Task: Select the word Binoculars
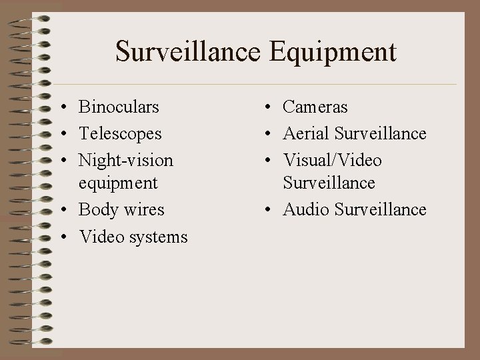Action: click(x=119, y=107)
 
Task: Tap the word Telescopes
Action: click(x=120, y=133)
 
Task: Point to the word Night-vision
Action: click(x=126, y=161)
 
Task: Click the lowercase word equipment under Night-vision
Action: click(x=118, y=183)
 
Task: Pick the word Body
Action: click(x=97, y=209)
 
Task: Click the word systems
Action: click(x=158, y=237)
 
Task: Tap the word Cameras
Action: click(x=315, y=107)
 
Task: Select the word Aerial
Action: click(x=306, y=133)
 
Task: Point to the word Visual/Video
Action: click(x=333, y=161)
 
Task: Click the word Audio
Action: click(x=306, y=209)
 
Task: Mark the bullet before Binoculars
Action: click(x=61, y=107)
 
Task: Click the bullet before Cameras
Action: click(x=265, y=107)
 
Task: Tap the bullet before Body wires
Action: click(x=61, y=210)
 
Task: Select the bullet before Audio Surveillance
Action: click(x=265, y=210)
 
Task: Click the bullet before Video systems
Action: click(x=61, y=237)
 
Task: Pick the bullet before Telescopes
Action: click(x=61, y=134)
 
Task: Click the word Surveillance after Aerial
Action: click(x=381, y=133)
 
